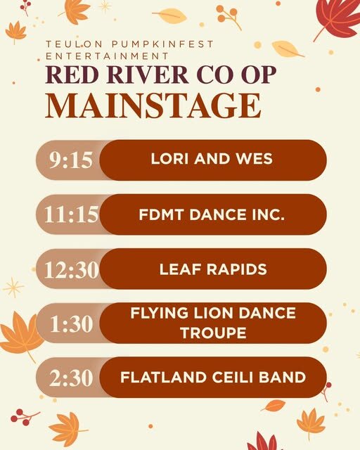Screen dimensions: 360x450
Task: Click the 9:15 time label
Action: click(x=71, y=160)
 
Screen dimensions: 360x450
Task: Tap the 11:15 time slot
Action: click(x=71, y=214)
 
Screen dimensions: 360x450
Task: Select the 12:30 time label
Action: click(x=71, y=269)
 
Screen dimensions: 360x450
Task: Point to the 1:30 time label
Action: click(x=72, y=323)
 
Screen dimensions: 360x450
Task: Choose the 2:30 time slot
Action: click(x=71, y=378)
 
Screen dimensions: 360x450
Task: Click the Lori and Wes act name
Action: click(x=212, y=159)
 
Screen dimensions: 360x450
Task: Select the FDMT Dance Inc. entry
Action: click(x=212, y=214)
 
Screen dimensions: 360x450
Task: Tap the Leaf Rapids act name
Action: click(x=213, y=269)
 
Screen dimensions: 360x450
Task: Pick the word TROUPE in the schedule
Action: click(x=213, y=333)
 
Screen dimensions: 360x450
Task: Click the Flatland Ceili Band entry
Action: click(x=213, y=377)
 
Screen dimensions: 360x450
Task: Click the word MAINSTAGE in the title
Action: click(x=153, y=105)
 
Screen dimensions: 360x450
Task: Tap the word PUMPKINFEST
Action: click(x=162, y=44)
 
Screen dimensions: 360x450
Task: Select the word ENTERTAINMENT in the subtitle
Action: click(x=107, y=56)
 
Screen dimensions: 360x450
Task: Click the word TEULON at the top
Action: click(x=74, y=44)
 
